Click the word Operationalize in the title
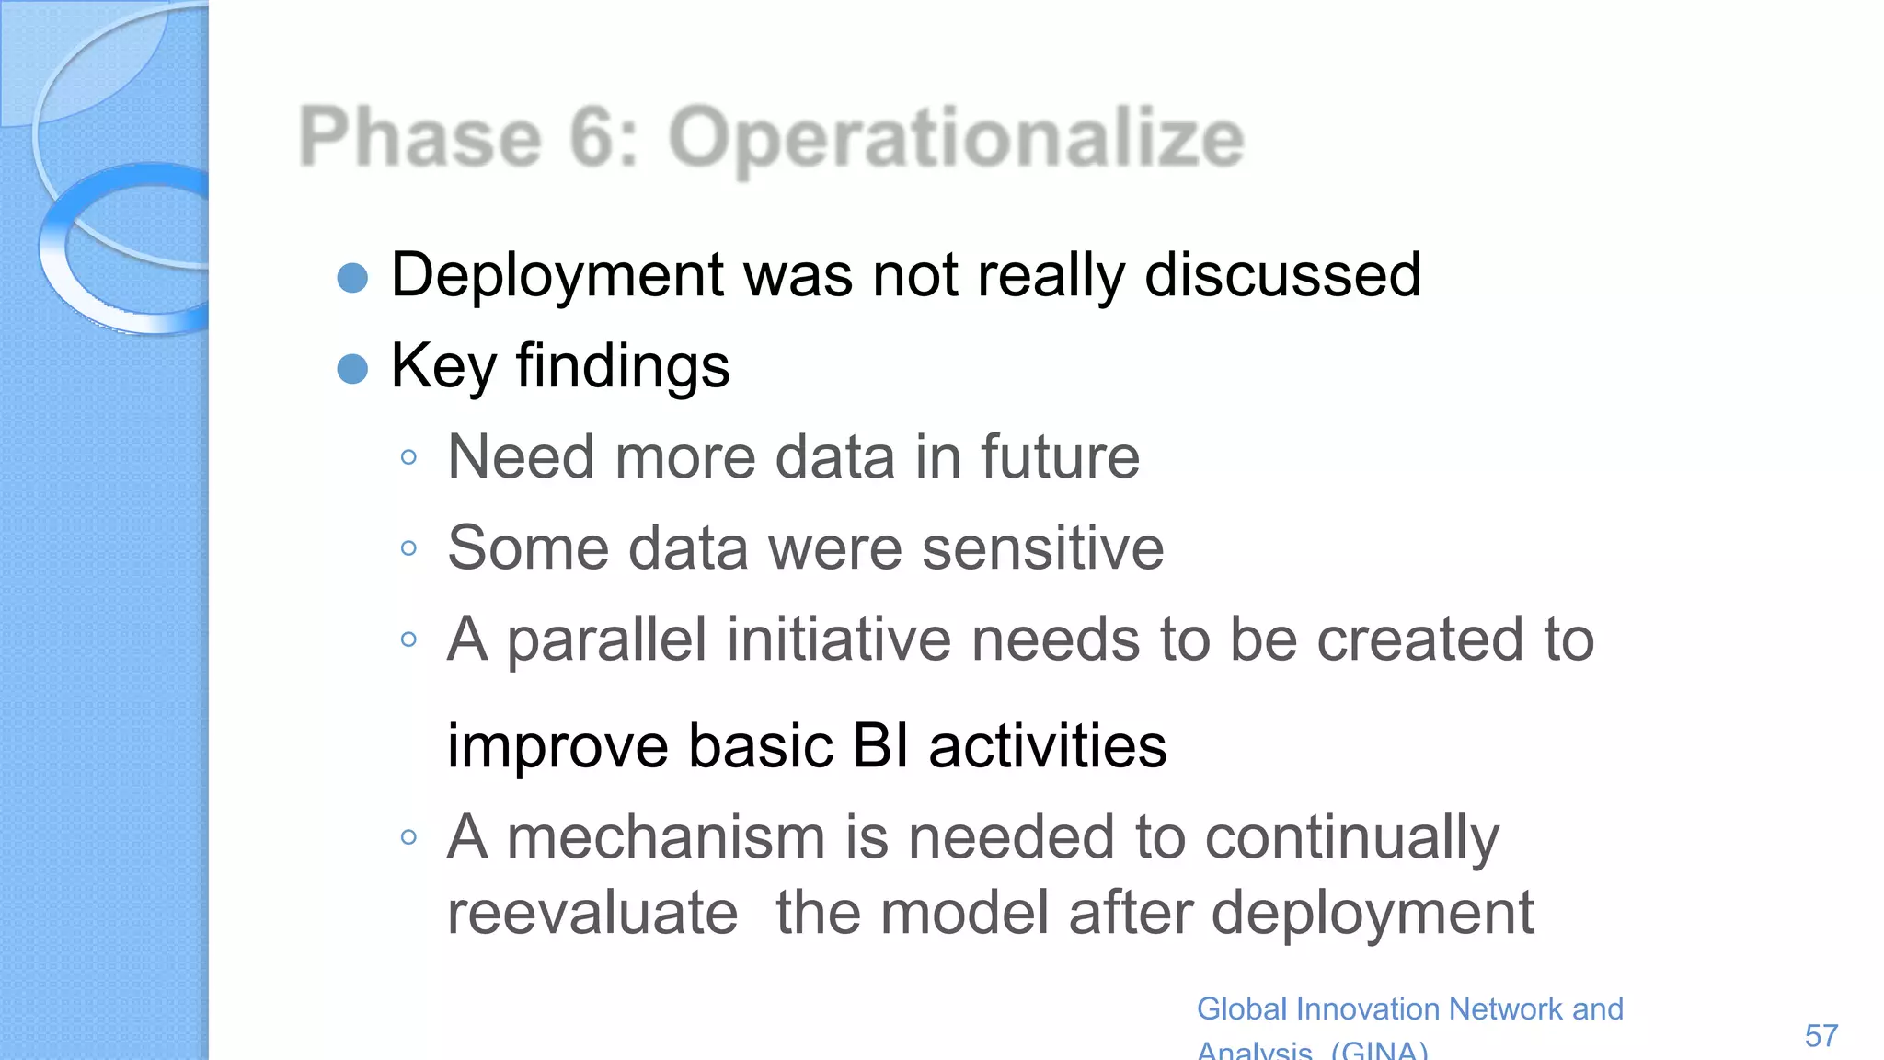957,138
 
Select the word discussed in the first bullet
1282,275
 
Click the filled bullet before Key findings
352,369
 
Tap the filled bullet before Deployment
352,277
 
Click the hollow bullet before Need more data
409,457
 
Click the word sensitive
1042,548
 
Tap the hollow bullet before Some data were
409,549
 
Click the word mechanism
666,837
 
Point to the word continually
1351,839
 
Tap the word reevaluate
592,913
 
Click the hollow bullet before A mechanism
409,837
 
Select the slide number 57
1821,1036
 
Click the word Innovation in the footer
1371,1009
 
